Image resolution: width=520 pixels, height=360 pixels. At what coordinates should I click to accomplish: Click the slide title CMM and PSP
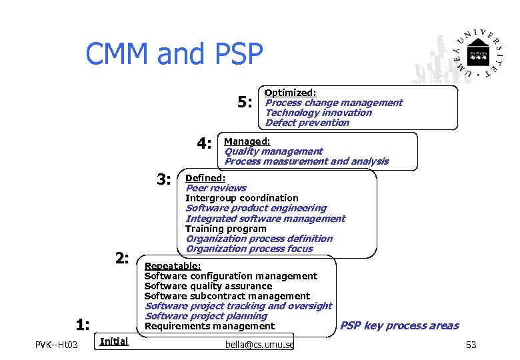pyautogui.click(x=174, y=54)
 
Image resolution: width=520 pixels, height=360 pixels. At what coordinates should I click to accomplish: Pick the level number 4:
pyautogui.click(x=204, y=143)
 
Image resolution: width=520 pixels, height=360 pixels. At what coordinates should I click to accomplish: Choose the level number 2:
pyautogui.click(x=121, y=259)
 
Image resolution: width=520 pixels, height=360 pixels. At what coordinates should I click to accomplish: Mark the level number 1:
pyautogui.click(x=83, y=325)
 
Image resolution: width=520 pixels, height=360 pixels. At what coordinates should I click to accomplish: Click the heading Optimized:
pyautogui.click(x=290, y=93)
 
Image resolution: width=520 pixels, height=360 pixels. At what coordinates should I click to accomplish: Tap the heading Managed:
pyautogui.click(x=247, y=141)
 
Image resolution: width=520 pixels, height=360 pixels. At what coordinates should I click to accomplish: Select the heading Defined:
pyautogui.click(x=205, y=178)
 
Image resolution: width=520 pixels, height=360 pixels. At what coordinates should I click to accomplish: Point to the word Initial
pyautogui.click(x=113, y=341)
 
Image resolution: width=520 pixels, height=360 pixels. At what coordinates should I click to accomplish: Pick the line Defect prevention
pyautogui.click(x=307, y=123)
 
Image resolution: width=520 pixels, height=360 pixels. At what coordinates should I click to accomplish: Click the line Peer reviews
pyautogui.click(x=215, y=188)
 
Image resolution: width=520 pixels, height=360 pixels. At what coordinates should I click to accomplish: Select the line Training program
pyautogui.click(x=225, y=229)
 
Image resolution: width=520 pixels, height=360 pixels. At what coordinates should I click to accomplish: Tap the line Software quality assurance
pyautogui.click(x=208, y=286)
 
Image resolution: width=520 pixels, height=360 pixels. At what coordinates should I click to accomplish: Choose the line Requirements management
pyautogui.click(x=209, y=326)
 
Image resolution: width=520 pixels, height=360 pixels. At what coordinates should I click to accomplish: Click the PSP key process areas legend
pyautogui.click(x=399, y=325)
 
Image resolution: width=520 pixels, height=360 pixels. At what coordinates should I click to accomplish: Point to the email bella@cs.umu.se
pyautogui.click(x=260, y=344)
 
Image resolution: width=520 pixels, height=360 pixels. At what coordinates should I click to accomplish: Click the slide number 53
pyautogui.click(x=471, y=345)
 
